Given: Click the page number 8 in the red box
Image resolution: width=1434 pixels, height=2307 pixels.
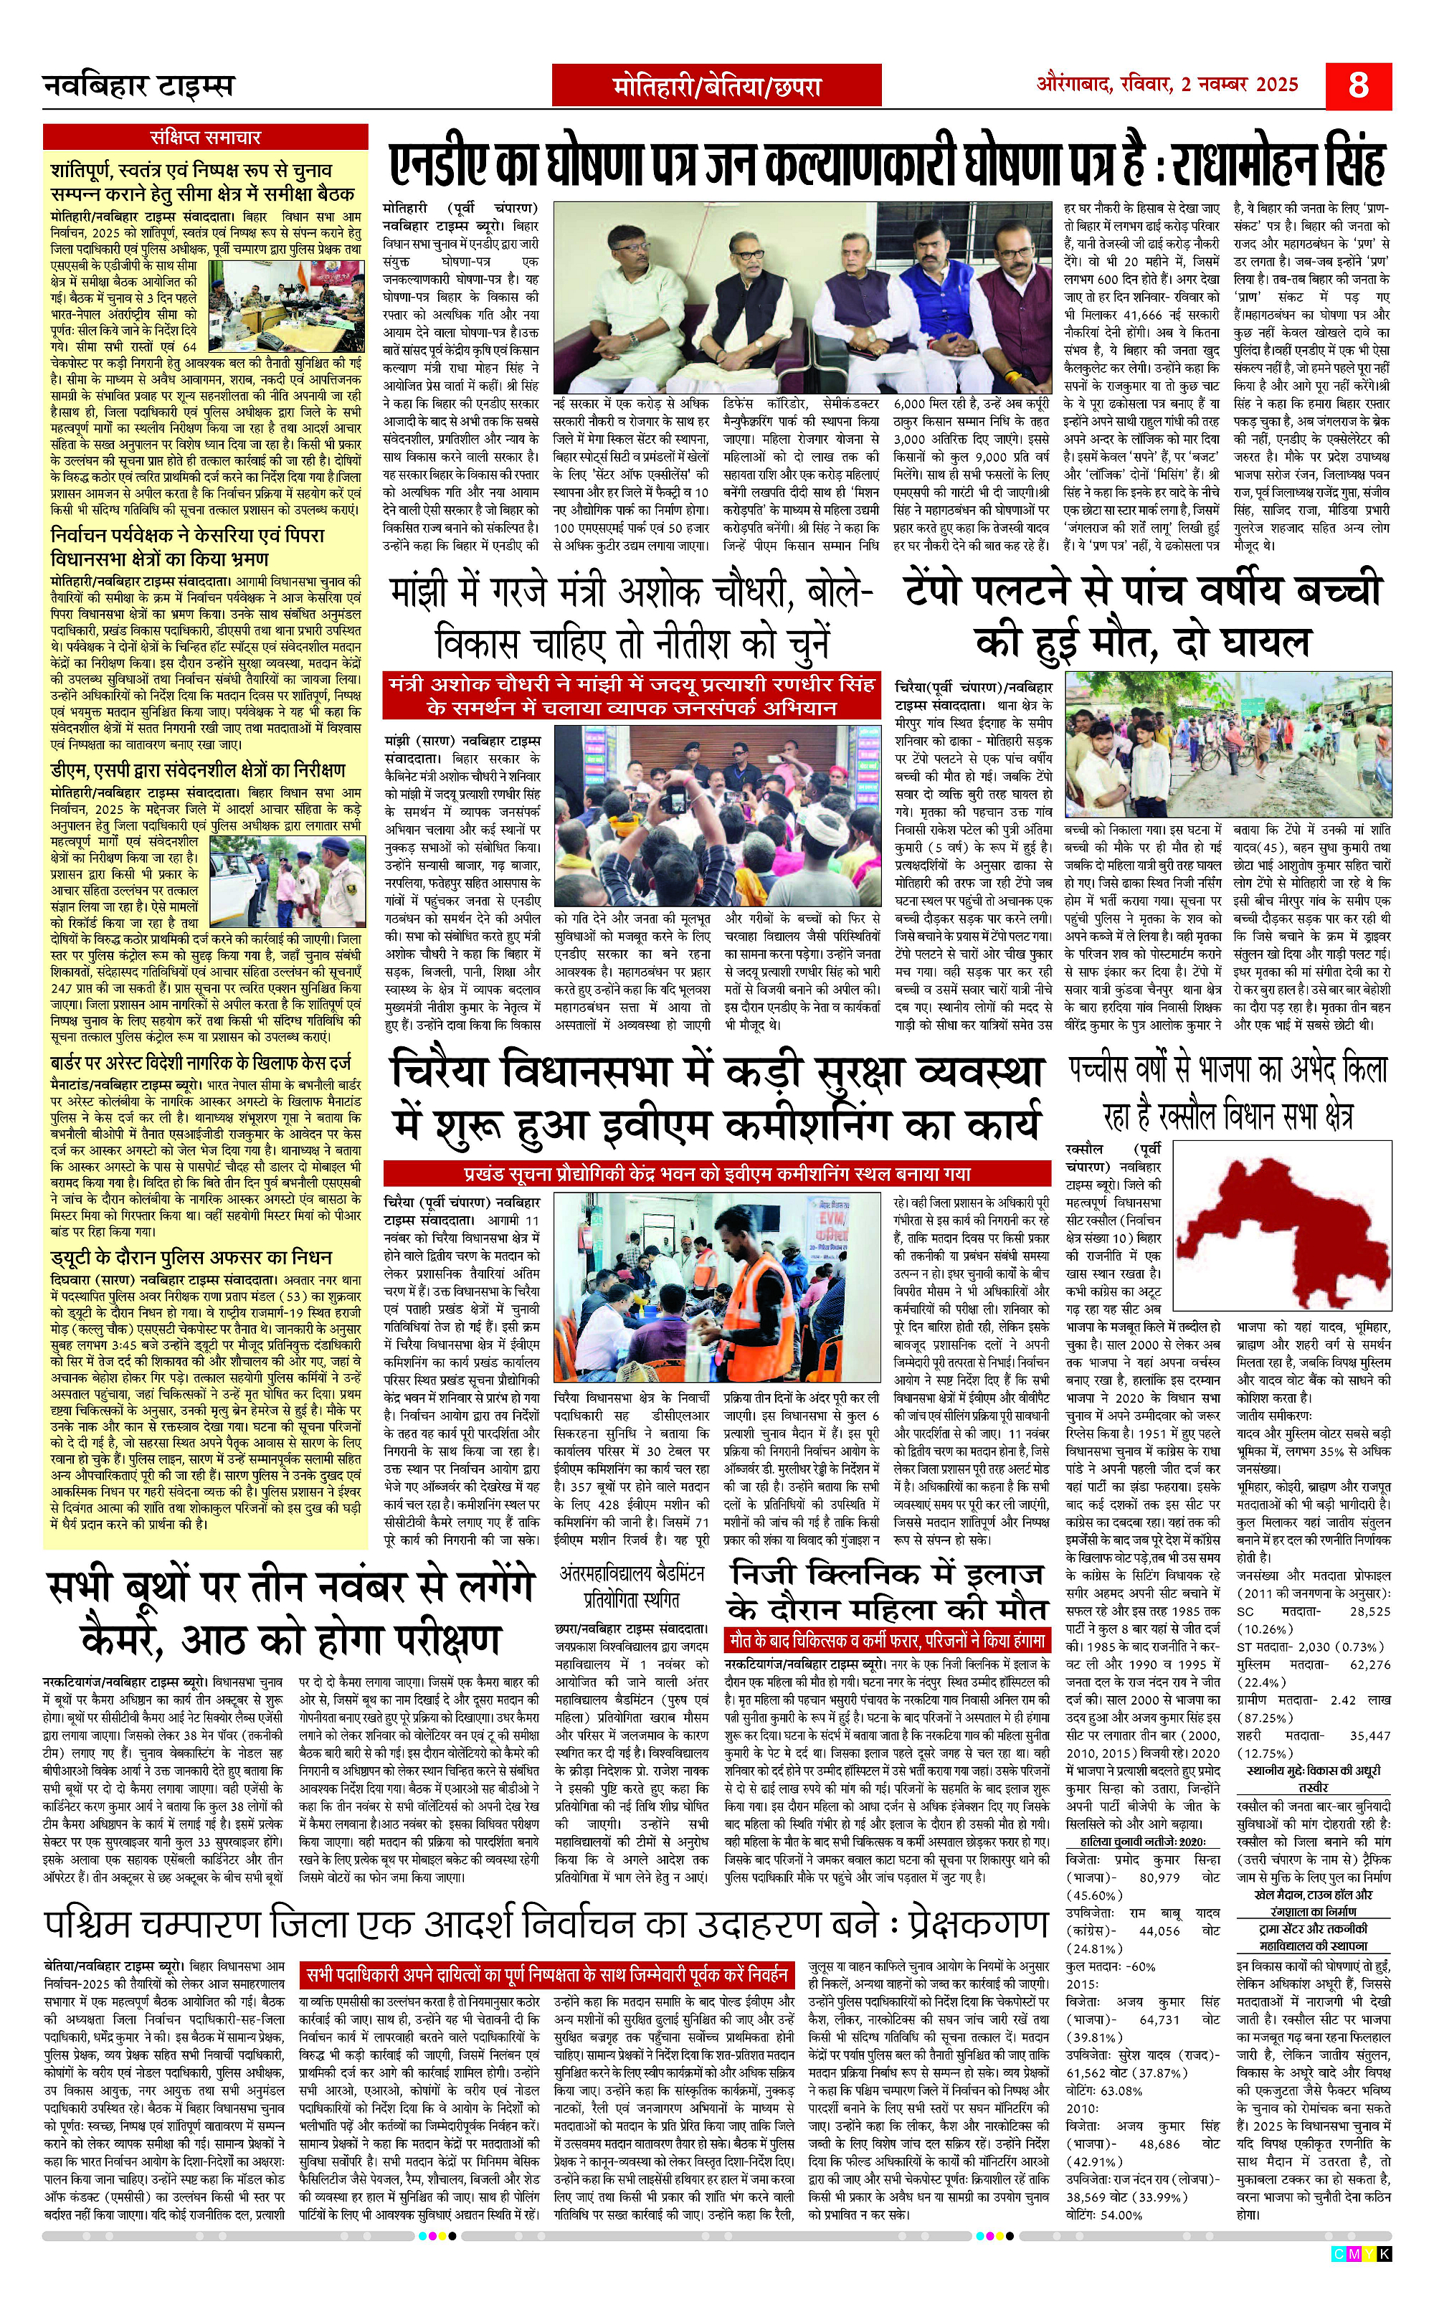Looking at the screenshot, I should [x=1358, y=85].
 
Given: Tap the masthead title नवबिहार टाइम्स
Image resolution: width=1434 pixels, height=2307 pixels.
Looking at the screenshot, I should [x=138, y=86].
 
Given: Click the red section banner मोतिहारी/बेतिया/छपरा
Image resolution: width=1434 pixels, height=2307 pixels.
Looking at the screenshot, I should [x=716, y=86].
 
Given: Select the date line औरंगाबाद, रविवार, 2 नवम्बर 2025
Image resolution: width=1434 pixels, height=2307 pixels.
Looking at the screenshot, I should [x=1167, y=85].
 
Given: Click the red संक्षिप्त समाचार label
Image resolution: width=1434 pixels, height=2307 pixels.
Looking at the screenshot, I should [x=205, y=138].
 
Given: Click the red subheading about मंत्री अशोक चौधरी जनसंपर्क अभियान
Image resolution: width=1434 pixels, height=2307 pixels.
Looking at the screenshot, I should [x=631, y=696].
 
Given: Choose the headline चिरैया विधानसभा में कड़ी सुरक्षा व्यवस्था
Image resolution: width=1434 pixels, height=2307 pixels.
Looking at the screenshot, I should [x=717, y=1099].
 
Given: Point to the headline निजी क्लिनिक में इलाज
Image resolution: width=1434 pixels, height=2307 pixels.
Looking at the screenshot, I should [x=887, y=1593].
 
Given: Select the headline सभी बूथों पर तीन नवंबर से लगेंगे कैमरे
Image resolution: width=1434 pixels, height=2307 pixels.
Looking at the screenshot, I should [x=289, y=1613].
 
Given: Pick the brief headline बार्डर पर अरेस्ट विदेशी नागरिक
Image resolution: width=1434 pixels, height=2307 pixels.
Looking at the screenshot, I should [x=200, y=1064].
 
